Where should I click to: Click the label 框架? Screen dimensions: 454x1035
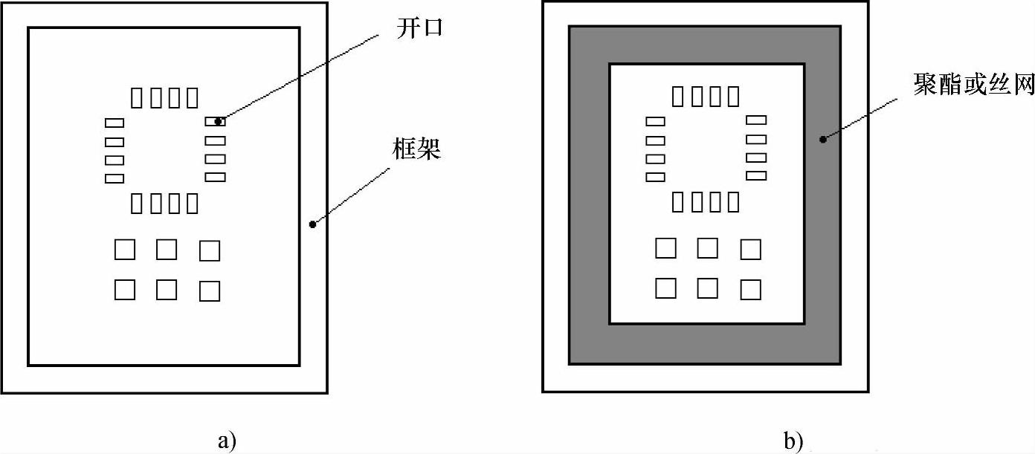tap(417, 150)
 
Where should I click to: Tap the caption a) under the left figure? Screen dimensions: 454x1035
tap(227, 441)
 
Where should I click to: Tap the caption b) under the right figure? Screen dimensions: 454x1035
tap(793, 441)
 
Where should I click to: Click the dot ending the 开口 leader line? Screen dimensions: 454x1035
tap(219, 121)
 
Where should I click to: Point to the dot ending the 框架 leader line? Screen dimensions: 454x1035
tap(312, 224)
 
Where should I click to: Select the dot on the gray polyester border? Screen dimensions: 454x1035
tap(822, 138)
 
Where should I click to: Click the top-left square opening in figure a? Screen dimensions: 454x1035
tap(125, 250)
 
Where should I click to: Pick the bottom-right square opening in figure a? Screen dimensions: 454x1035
tap(210, 291)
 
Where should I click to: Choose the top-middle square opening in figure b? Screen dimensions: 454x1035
tap(707, 248)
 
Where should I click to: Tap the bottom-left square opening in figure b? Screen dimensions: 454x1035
tap(665, 288)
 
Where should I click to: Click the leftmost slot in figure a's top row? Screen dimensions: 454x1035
tap(137, 97)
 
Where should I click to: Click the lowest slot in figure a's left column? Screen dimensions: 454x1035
tap(114, 178)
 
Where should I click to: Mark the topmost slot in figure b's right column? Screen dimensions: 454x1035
tap(755, 120)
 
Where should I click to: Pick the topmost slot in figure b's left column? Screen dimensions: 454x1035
tap(655, 120)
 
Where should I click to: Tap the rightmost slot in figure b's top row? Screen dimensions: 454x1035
tap(734, 96)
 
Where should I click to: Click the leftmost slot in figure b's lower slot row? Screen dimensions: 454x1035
tap(678, 201)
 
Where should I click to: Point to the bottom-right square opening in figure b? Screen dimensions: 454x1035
tap(751, 289)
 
